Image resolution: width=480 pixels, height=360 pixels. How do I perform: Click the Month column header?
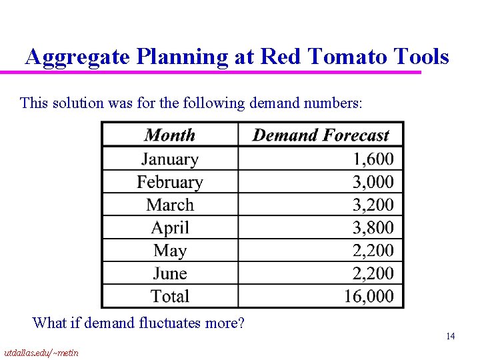(x=170, y=135)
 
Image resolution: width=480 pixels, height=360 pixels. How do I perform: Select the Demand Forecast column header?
(x=321, y=135)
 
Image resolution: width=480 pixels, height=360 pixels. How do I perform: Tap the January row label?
(x=170, y=159)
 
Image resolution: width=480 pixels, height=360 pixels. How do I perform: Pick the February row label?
(x=170, y=182)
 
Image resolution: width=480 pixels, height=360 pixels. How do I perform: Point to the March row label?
(x=170, y=205)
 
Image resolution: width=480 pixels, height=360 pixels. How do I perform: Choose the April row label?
(x=170, y=228)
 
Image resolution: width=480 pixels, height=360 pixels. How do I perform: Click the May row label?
(x=170, y=251)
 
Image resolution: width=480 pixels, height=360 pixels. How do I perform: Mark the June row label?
(x=170, y=273)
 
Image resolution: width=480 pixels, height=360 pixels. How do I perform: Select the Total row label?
(x=170, y=296)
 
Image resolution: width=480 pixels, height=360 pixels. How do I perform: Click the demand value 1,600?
(x=373, y=159)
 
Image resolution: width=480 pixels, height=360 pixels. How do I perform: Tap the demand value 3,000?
(x=373, y=182)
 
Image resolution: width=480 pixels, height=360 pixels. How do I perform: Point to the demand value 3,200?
(x=373, y=205)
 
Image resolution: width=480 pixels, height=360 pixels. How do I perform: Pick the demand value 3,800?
(x=373, y=228)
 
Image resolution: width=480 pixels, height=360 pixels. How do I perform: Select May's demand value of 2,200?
(x=373, y=251)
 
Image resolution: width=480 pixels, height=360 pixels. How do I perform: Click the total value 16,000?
(x=369, y=296)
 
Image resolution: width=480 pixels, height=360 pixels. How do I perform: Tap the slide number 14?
(x=451, y=337)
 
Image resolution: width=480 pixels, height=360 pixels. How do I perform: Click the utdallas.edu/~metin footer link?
(x=41, y=353)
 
